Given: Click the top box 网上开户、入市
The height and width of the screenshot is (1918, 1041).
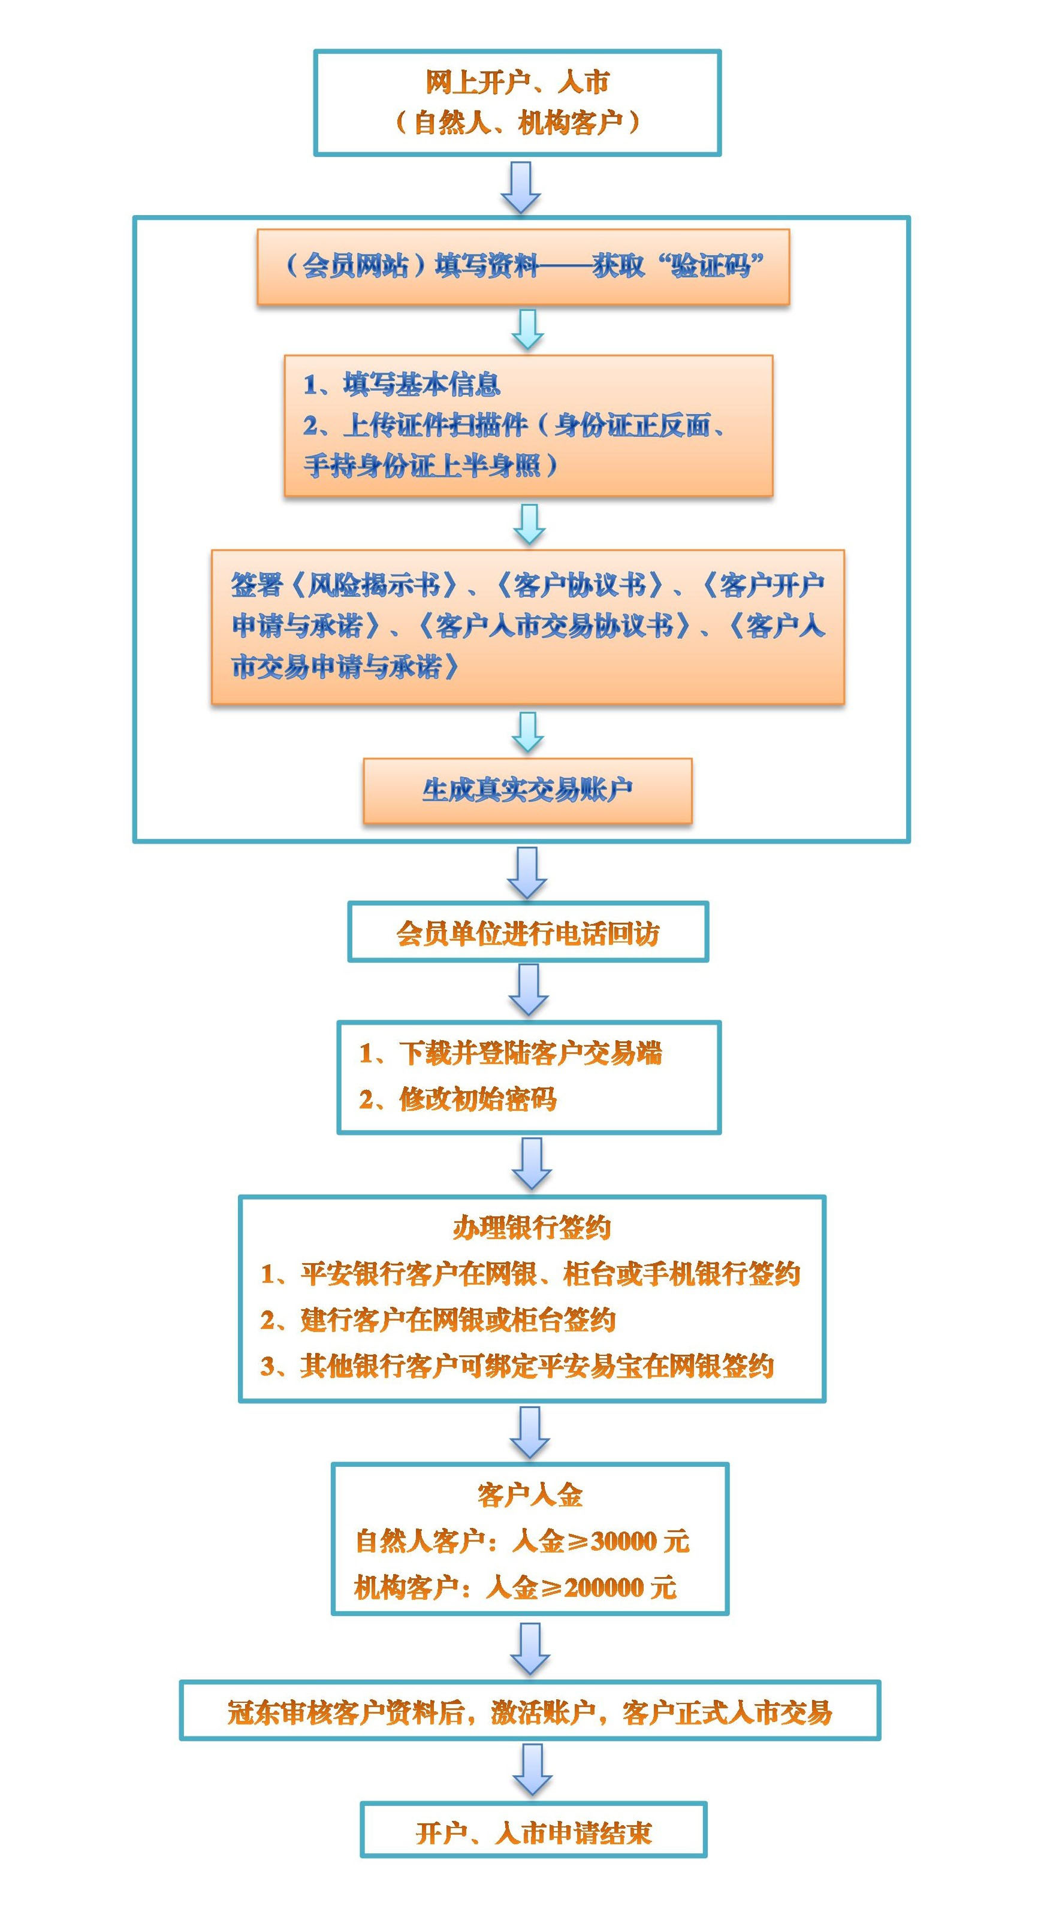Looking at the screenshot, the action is [x=518, y=102].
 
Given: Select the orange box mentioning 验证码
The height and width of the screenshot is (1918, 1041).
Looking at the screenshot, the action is [x=523, y=267].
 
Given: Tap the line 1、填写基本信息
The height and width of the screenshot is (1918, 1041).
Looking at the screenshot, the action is [x=402, y=384].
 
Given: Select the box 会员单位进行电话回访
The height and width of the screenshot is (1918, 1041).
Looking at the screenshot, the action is [x=528, y=932].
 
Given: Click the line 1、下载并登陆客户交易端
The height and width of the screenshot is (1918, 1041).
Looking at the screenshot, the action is [x=510, y=1053].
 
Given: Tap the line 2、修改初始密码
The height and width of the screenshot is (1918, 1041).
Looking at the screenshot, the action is [x=457, y=1099].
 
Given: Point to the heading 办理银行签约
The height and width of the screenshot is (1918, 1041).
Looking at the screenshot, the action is [x=532, y=1228].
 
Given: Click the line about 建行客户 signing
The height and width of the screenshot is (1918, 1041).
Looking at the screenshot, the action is [x=438, y=1320].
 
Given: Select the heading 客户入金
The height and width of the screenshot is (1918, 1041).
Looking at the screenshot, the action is [x=530, y=1496].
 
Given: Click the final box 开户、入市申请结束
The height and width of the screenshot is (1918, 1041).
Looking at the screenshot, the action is [x=533, y=1832].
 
